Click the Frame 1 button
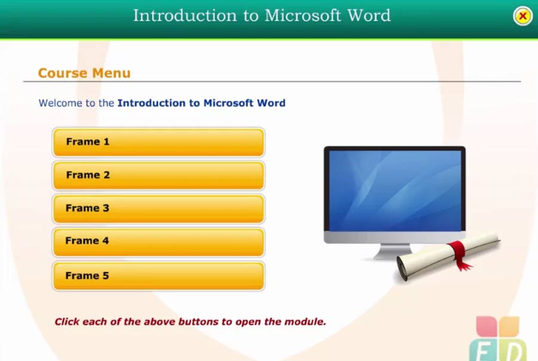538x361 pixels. click(x=158, y=142)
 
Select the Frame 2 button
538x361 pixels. click(x=158, y=175)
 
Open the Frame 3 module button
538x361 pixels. click(x=158, y=209)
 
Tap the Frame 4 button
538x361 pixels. click(x=158, y=241)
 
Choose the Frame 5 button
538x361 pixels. click(x=158, y=276)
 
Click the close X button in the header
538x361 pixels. click(x=522, y=16)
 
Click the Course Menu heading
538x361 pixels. click(x=84, y=74)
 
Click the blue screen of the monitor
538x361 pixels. click(x=395, y=190)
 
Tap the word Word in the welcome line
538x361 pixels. click(x=271, y=103)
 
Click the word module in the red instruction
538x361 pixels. click(x=307, y=322)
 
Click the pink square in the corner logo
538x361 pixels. click(x=486, y=326)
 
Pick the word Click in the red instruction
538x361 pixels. click(x=67, y=322)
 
